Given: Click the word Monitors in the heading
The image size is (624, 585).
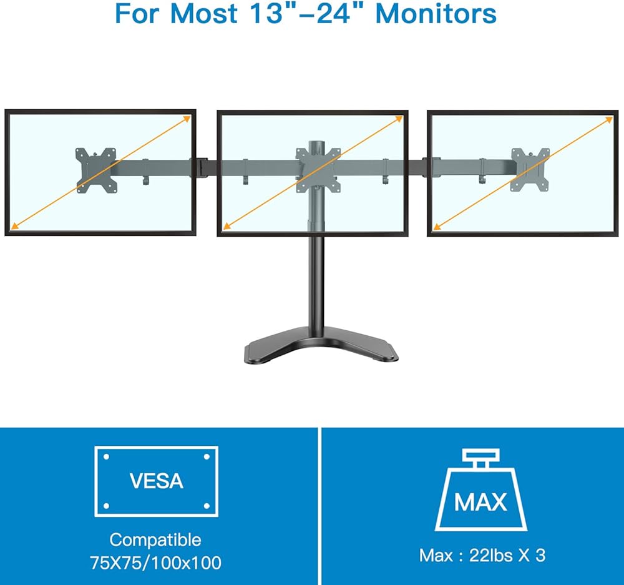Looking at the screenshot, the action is pos(436,14).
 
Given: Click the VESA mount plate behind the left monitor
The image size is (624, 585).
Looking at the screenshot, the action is pos(97,170).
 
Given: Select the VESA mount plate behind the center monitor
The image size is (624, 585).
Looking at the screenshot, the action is pos(318,170).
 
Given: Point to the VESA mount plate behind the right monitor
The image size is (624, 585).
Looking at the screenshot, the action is pos(530,170).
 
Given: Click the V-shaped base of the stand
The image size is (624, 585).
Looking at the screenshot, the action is pos(321,344).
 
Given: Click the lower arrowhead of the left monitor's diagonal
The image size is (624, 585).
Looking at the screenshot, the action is pos(14,227).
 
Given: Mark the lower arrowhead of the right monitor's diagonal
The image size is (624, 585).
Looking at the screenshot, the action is pos(437,227).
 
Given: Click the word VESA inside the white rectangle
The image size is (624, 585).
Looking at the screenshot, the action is pos(157,481).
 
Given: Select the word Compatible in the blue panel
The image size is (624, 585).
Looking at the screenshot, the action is pos(155,539).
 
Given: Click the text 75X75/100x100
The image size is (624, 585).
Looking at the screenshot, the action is pos(155,563).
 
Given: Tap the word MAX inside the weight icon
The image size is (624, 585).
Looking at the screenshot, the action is pos(480,502).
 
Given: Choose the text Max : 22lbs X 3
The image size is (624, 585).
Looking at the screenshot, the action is pos(482,555).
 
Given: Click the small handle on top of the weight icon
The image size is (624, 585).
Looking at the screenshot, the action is pos(480,458).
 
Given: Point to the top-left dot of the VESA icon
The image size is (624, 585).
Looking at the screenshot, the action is pos(106,457).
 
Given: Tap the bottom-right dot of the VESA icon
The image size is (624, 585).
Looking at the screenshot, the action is pos(207,506).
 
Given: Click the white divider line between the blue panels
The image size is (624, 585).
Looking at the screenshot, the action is pos(319,506).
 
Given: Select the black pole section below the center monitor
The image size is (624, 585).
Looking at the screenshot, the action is pos(316,283).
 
